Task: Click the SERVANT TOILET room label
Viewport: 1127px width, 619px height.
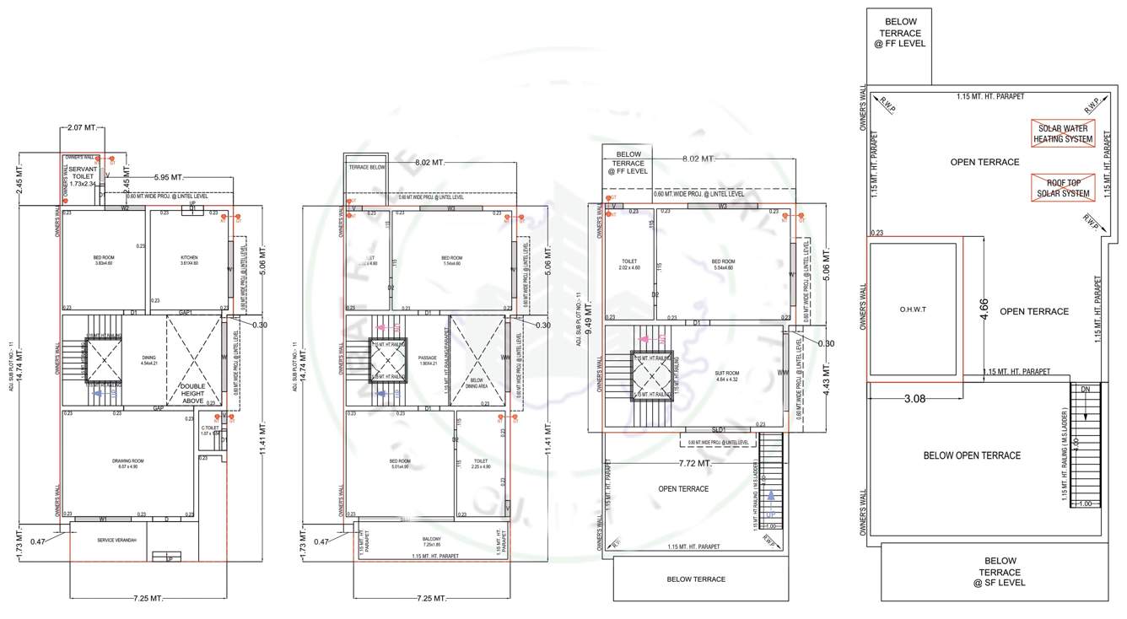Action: click(x=83, y=175)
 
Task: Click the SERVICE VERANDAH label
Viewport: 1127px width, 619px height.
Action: click(x=117, y=540)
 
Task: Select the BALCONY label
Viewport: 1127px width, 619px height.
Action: click(x=431, y=539)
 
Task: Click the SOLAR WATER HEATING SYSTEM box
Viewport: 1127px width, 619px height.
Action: click(x=1063, y=133)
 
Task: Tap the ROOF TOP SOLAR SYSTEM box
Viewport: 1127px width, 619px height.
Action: click(x=1063, y=187)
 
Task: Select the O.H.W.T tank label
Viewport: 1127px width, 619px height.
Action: click(x=913, y=309)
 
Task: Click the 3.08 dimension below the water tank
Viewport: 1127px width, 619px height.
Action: click(x=915, y=398)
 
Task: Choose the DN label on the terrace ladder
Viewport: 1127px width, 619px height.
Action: click(x=1086, y=390)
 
